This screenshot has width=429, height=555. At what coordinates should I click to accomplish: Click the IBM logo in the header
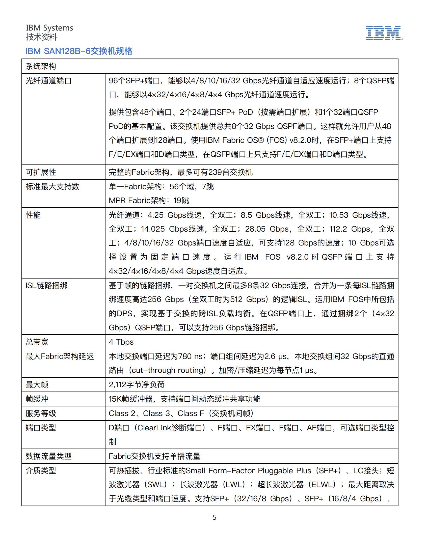pyautogui.click(x=384, y=33)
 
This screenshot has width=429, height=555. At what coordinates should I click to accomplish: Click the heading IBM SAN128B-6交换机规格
pyautogui.click(x=79, y=51)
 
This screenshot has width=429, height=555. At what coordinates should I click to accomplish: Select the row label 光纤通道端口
pyautogui.click(x=48, y=81)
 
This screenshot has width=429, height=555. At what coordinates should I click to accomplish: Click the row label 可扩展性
pyautogui.click(x=41, y=172)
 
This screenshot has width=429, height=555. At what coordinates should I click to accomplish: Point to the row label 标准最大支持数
pyautogui.click(x=52, y=186)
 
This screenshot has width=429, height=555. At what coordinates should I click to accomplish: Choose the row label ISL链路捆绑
pyautogui.click(x=46, y=285)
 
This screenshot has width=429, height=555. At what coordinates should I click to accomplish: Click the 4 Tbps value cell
pyautogui.click(x=121, y=342)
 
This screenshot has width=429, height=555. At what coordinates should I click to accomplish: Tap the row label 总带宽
pyautogui.click(x=37, y=342)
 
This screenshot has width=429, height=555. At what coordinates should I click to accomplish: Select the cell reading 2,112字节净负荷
pyautogui.click(x=137, y=384)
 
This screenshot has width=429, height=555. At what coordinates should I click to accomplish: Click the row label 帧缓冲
pyautogui.click(x=37, y=399)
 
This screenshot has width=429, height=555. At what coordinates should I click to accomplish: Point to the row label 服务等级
pyautogui.click(x=41, y=413)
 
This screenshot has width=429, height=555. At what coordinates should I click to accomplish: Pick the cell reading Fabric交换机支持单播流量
pyautogui.click(x=154, y=456)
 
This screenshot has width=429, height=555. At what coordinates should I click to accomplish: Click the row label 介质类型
pyautogui.click(x=41, y=471)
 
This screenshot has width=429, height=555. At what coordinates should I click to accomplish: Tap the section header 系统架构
pyautogui.click(x=41, y=66)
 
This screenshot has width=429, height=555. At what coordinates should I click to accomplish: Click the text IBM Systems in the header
pyautogui.click(x=49, y=28)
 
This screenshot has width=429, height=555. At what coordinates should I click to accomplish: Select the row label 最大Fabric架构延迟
pyautogui.click(x=60, y=356)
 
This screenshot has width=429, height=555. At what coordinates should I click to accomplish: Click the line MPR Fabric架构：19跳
pyautogui.click(x=149, y=201)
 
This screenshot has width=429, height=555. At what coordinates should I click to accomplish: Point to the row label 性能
pyautogui.click(x=33, y=215)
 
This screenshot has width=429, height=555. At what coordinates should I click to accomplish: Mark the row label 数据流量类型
pyautogui.click(x=48, y=456)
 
